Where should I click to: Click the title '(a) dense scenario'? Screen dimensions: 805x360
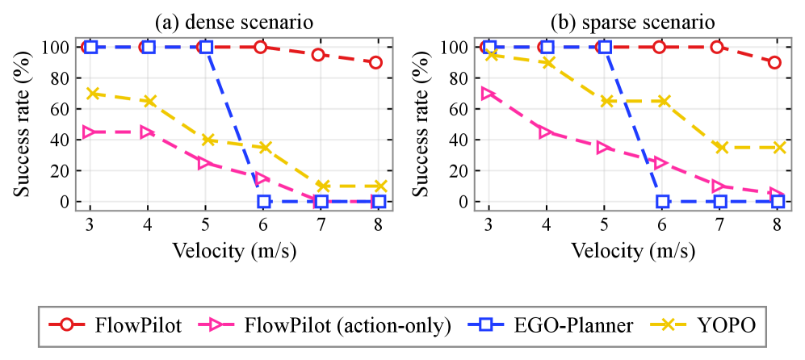click(x=234, y=23)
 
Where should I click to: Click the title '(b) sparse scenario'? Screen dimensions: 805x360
click(x=633, y=23)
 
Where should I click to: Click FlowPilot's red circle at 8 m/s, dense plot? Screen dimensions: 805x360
click(x=375, y=63)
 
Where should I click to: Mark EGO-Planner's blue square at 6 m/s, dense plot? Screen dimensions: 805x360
click(x=264, y=201)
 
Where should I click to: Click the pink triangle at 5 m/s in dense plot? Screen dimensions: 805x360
click(x=205, y=163)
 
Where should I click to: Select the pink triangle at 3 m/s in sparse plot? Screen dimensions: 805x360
click(x=488, y=94)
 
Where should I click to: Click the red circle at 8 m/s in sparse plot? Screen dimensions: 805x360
click(x=774, y=63)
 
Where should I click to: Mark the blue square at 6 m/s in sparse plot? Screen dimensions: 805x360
click(x=663, y=201)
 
